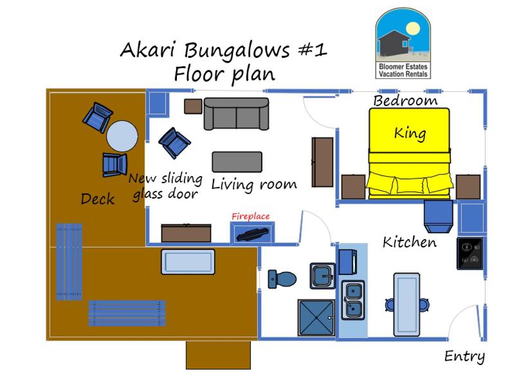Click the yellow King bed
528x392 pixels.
[408, 152]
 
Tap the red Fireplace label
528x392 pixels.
[251, 217]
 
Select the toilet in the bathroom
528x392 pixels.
[283, 279]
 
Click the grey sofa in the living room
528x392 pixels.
[237, 115]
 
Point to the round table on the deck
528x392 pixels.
[122, 136]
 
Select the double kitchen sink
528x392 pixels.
[352, 299]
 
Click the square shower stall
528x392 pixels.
[316, 318]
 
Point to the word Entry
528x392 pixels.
[464, 357]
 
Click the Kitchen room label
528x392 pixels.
[410, 242]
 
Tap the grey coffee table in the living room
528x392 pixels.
[237, 162]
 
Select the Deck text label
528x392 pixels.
[98, 199]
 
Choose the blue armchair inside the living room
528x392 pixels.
[174, 143]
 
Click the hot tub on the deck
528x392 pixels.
[188, 262]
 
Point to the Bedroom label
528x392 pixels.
[405, 101]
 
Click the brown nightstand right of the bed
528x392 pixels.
[468, 186]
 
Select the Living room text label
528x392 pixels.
[254, 185]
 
